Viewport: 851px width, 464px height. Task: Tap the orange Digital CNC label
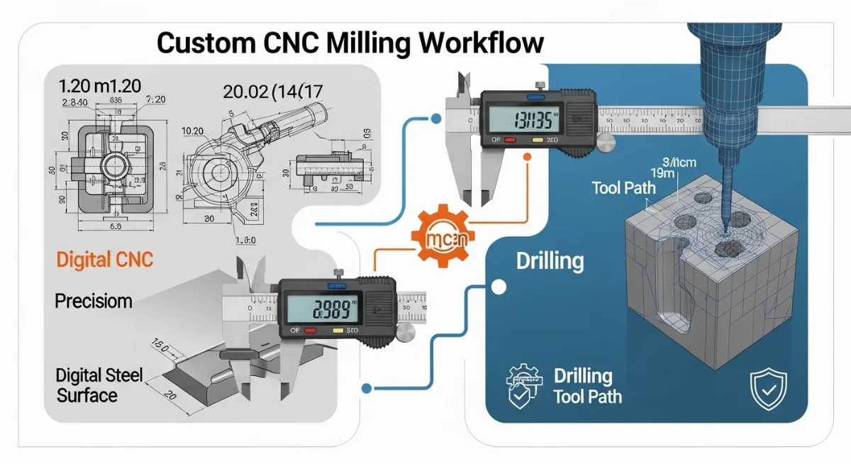coord(104,260)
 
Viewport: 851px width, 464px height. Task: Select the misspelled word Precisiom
coord(94,301)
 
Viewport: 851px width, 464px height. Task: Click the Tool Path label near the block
coord(624,189)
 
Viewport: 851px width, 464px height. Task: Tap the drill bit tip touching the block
coord(725,229)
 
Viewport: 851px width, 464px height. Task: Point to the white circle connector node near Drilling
coord(499,287)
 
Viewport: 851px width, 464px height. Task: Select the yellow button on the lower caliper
coord(338,332)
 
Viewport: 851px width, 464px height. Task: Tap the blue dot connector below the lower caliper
coord(367,388)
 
